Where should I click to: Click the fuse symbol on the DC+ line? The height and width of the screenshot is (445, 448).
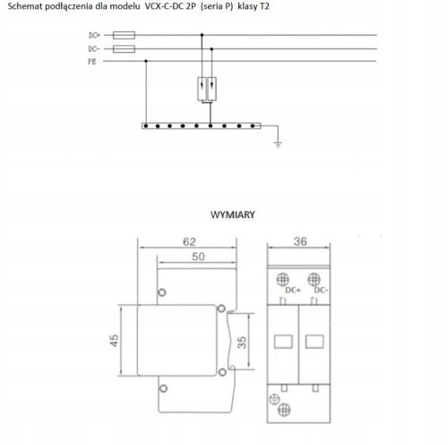tap(124, 35)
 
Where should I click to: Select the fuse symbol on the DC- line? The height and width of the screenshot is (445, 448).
tap(124, 48)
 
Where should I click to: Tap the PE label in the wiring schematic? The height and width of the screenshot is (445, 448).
tap(92, 62)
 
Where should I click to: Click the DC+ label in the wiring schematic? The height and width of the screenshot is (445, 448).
tap(94, 35)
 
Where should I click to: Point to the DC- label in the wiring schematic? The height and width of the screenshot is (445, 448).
tap(94, 48)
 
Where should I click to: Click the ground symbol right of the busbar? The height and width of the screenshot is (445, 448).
tap(278, 144)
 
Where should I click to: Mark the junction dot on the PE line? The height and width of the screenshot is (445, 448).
tap(146, 61)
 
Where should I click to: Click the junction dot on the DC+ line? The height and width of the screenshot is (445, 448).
tap(202, 35)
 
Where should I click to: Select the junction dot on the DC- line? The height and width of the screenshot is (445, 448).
tap(211, 48)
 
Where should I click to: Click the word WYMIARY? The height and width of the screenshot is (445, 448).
tap(233, 214)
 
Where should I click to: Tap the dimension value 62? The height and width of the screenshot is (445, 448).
tap(189, 241)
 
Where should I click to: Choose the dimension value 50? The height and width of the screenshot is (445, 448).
tap(198, 257)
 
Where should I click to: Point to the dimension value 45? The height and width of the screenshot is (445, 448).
tap(114, 341)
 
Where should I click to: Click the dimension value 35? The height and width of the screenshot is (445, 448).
tap(242, 343)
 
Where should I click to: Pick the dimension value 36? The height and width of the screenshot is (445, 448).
tap(300, 241)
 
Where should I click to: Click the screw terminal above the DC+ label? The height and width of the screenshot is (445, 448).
tap(282, 280)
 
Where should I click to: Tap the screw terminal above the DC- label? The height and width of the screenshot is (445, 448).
tap(314, 280)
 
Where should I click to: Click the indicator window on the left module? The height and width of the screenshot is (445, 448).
tap(283, 342)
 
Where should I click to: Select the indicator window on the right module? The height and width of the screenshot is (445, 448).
tap(314, 342)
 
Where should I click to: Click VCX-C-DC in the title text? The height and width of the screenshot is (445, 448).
tap(164, 6)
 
